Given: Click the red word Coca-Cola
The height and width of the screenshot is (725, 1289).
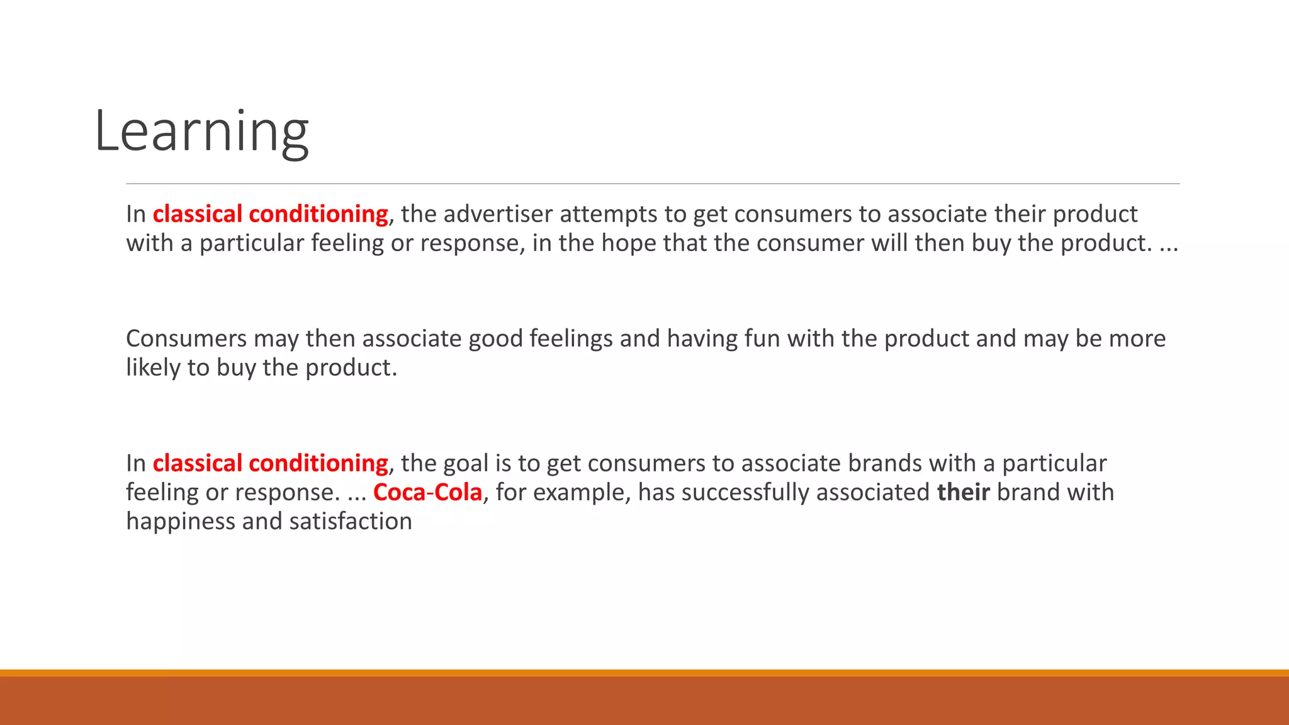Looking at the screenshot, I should [x=427, y=492].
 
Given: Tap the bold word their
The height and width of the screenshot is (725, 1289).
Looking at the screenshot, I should [x=963, y=492].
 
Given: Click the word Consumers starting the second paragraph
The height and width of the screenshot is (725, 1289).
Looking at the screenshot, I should [x=186, y=339].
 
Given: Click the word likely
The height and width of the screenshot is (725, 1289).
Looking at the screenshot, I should [x=153, y=368].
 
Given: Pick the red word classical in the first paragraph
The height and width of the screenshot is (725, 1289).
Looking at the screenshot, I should [x=197, y=214].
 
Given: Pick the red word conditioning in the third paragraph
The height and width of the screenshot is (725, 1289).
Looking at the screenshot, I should [x=318, y=463].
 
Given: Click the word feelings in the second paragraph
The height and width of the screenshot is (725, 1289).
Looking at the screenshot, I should [x=571, y=339].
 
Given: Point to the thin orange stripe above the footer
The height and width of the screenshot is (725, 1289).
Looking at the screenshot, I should [x=644, y=673].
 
